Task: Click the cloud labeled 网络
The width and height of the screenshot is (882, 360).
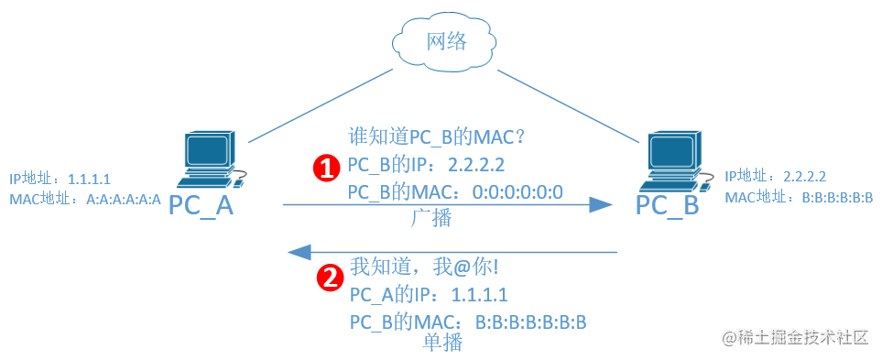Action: click(445, 43)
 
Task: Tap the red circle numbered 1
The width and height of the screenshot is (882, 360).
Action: click(326, 168)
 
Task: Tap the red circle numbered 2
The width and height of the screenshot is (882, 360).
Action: click(329, 278)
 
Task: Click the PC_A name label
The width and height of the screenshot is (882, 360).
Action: click(201, 205)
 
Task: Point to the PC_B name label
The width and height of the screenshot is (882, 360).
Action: click(667, 205)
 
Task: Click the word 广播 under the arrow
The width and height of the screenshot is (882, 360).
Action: click(431, 218)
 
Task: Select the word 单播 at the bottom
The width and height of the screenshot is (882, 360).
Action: click(442, 343)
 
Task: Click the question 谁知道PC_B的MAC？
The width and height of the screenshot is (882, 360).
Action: click(437, 136)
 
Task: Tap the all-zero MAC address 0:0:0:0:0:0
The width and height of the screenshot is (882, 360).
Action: click(517, 192)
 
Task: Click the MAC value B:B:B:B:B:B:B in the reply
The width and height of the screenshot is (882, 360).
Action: click(531, 322)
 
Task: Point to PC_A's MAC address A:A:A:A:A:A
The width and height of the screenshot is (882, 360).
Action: click(124, 199)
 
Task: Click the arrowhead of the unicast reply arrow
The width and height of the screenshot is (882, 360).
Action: click(299, 251)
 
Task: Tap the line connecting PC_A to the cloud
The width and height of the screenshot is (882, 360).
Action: click(320, 105)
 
